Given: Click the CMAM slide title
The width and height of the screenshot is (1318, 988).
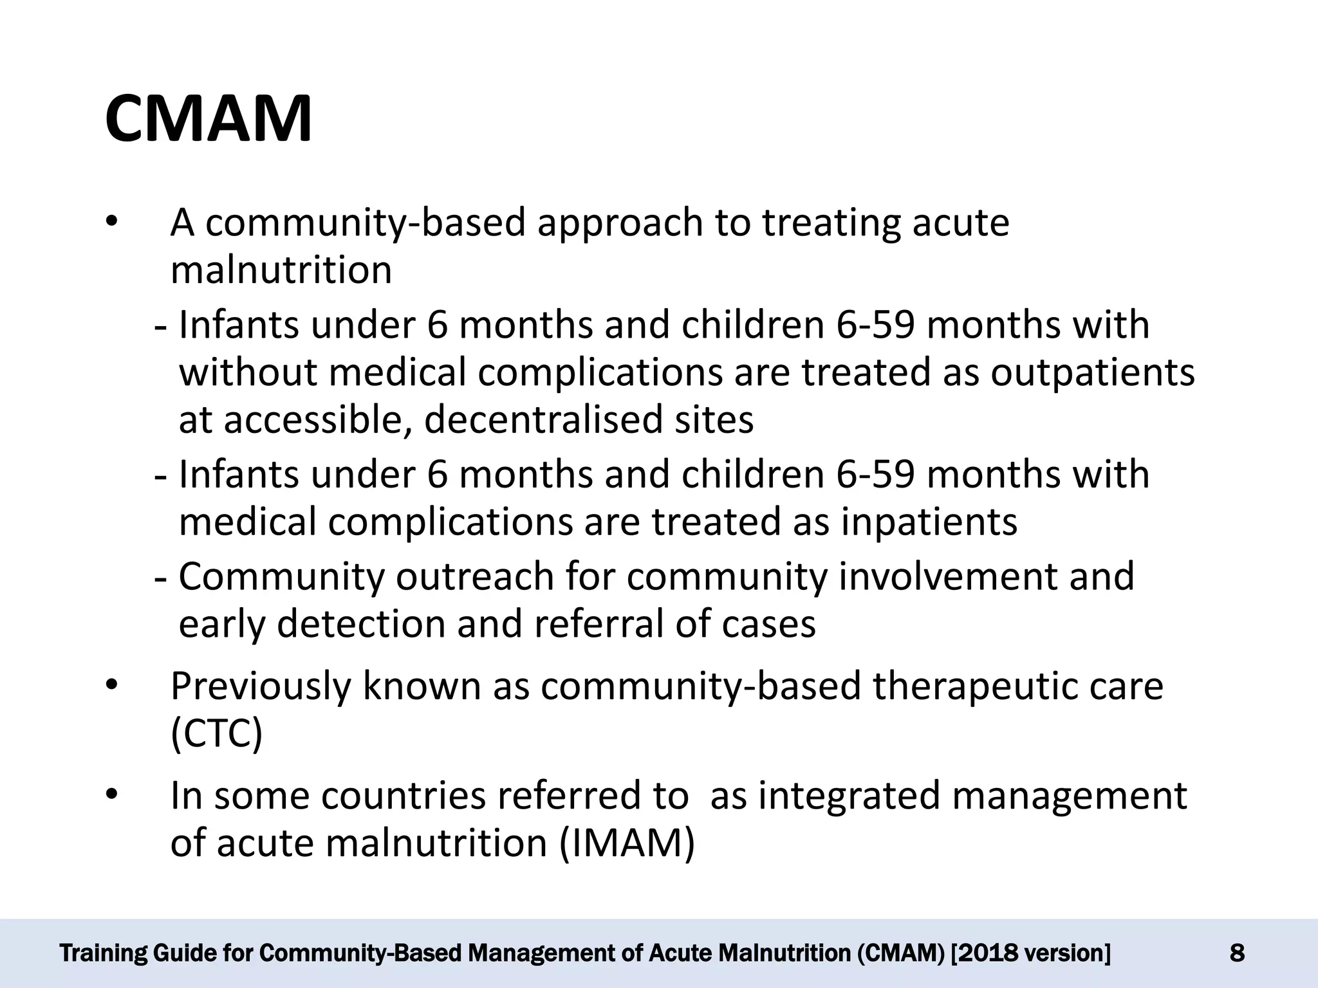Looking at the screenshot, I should [209, 120].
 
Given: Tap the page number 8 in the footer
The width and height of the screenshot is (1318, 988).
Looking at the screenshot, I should [1236, 953].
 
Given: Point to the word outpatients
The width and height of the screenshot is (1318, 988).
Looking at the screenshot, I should [1092, 372].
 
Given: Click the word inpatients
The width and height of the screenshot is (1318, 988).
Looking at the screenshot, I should [929, 521].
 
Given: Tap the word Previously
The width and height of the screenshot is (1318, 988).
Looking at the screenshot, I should [261, 686].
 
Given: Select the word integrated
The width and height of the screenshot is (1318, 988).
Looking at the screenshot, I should [848, 796].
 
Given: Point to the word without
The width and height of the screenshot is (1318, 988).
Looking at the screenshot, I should [248, 372].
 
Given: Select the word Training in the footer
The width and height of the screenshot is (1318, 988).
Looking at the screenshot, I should [102, 953].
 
